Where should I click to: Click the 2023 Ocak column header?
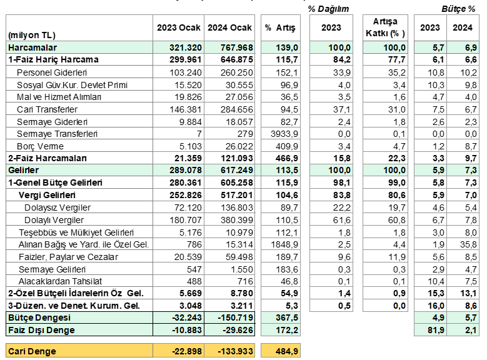tap(179, 27)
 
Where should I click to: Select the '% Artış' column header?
tap(281, 27)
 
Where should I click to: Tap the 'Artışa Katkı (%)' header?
tap(385, 27)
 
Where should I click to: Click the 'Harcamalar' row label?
tap(33, 47)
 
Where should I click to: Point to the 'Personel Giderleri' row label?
tap(52, 72)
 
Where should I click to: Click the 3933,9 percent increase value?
tap(284, 134)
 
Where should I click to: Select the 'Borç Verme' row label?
tap(41, 146)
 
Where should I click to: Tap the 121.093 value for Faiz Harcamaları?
tap(237, 158)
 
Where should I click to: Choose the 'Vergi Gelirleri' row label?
tap(47, 195)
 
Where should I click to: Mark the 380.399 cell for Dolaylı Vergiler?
tap(237, 220)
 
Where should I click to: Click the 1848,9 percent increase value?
tap(284, 244)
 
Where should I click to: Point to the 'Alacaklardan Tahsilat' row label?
tap(60, 281)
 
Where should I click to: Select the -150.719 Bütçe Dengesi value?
tap(236, 317)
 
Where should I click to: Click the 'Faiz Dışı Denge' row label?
tap(42, 330)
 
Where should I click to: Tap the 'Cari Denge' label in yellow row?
tap(33, 351)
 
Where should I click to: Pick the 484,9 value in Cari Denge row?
tap(287, 351)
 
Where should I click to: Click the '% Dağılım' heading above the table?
tap(329, 9)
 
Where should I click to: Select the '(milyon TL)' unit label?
tap(32, 35)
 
